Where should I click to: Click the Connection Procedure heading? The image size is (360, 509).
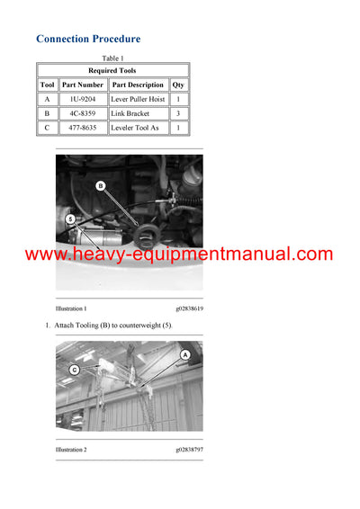pyautogui.click(x=88, y=39)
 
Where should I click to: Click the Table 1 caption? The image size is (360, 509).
pyautogui.click(x=113, y=58)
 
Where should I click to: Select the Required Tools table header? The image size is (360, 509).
pyautogui.click(x=113, y=70)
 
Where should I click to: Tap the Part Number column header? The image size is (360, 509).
pyautogui.click(x=83, y=85)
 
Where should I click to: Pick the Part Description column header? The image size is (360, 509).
pyautogui.click(x=138, y=85)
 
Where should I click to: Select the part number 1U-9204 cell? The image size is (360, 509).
pyautogui.click(x=83, y=100)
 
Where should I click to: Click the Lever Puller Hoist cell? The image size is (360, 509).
pyautogui.click(x=138, y=100)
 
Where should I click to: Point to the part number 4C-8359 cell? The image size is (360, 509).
pyautogui.click(x=83, y=114)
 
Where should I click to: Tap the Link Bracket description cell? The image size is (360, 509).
pyautogui.click(x=138, y=114)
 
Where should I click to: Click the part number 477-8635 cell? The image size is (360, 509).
pyautogui.click(x=83, y=129)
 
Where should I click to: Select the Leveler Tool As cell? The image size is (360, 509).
pyautogui.click(x=138, y=129)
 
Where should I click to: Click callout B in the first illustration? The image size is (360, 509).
pyautogui.click(x=101, y=185)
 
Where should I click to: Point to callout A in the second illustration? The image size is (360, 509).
pyautogui.click(x=185, y=354)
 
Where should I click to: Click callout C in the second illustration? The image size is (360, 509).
pyautogui.click(x=75, y=369)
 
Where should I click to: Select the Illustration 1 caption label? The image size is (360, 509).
pyautogui.click(x=71, y=308)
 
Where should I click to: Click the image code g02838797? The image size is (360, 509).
pyautogui.click(x=189, y=449)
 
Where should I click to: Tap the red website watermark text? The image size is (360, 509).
pyautogui.click(x=179, y=254)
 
